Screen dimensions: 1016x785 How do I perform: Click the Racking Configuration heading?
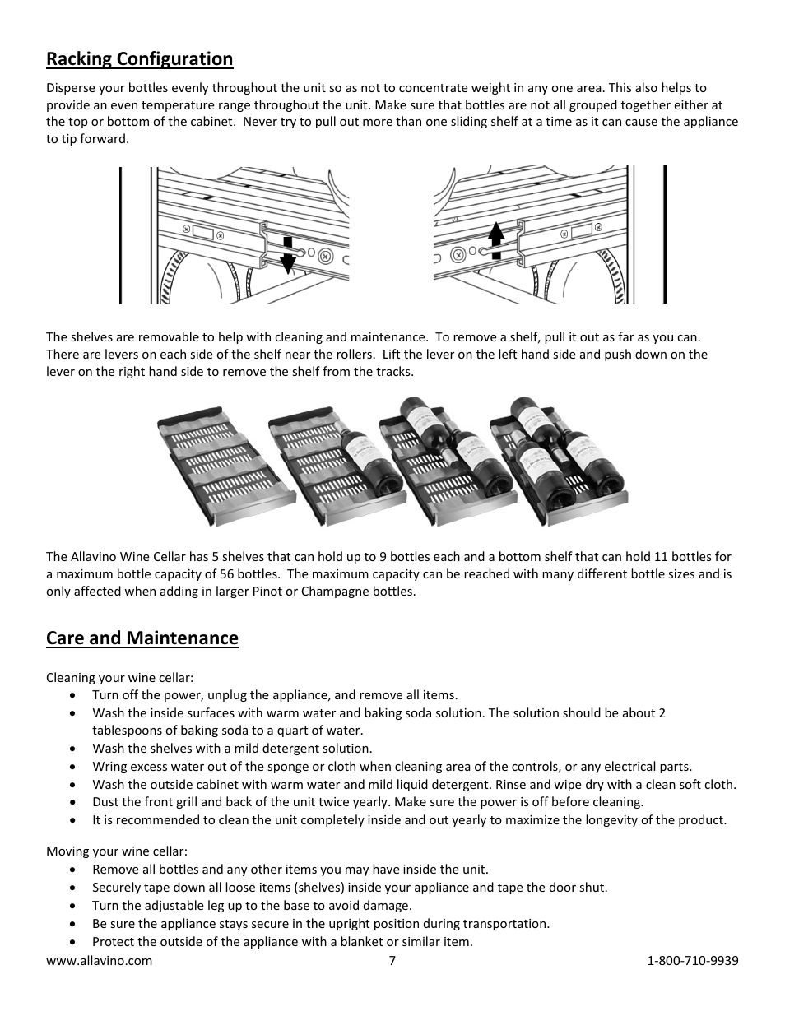coord(139,59)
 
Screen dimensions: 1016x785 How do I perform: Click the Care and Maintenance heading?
coord(142,638)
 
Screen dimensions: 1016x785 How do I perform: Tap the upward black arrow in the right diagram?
coord(495,240)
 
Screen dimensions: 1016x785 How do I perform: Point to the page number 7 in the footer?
coord(392,961)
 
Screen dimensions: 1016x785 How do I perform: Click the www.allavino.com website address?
coord(99,961)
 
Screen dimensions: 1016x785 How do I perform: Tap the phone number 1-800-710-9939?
coord(693,961)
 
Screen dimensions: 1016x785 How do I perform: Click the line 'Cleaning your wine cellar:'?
coord(119,678)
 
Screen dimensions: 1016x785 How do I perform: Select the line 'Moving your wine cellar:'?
coord(116,851)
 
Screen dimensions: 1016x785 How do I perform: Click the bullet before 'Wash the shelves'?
coord(74,749)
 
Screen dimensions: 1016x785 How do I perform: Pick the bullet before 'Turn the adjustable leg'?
coord(74,907)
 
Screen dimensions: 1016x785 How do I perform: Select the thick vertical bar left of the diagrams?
coord(120,235)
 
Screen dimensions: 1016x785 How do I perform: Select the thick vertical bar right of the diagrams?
coord(664,234)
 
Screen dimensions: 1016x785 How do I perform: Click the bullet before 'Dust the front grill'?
coord(74,803)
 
